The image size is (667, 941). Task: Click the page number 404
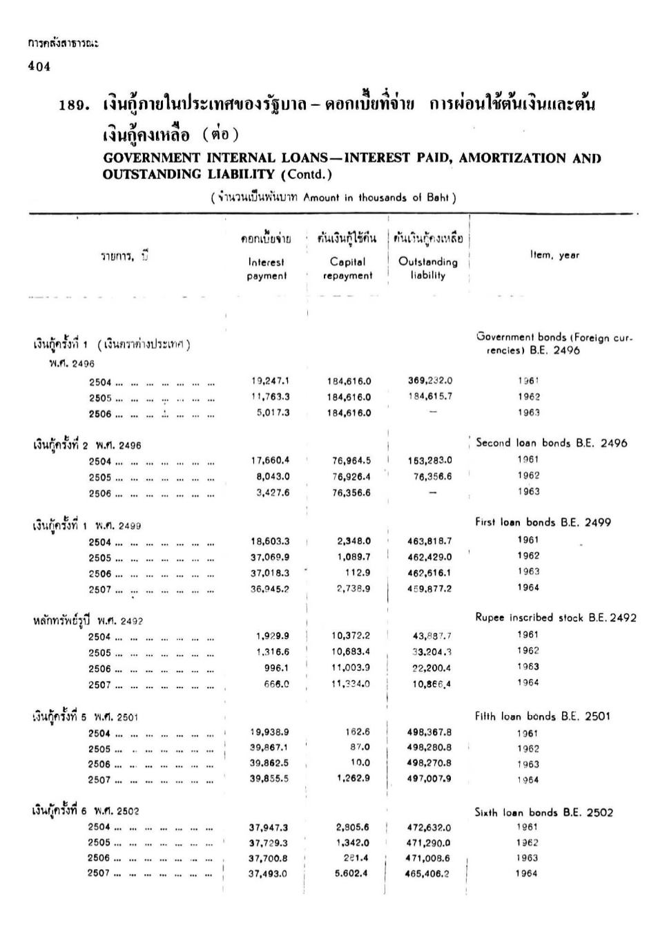(x=39, y=66)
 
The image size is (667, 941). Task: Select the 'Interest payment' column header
(x=266, y=269)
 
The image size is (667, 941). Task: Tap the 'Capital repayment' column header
(x=347, y=269)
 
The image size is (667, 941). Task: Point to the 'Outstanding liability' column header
(x=427, y=268)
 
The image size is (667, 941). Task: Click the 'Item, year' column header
(x=554, y=255)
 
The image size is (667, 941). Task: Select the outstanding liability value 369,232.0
(x=430, y=381)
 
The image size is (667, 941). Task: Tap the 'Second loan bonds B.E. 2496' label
(x=551, y=444)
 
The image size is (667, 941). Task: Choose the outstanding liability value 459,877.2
(x=429, y=589)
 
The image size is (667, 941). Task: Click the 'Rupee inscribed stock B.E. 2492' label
(x=555, y=618)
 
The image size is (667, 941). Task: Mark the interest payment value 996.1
(x=274, y=667)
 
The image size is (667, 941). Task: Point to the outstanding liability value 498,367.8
(x=429, y=732)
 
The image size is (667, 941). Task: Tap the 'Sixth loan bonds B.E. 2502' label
(x=543, y=812)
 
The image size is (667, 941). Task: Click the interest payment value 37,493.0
(x=268, y=873)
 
